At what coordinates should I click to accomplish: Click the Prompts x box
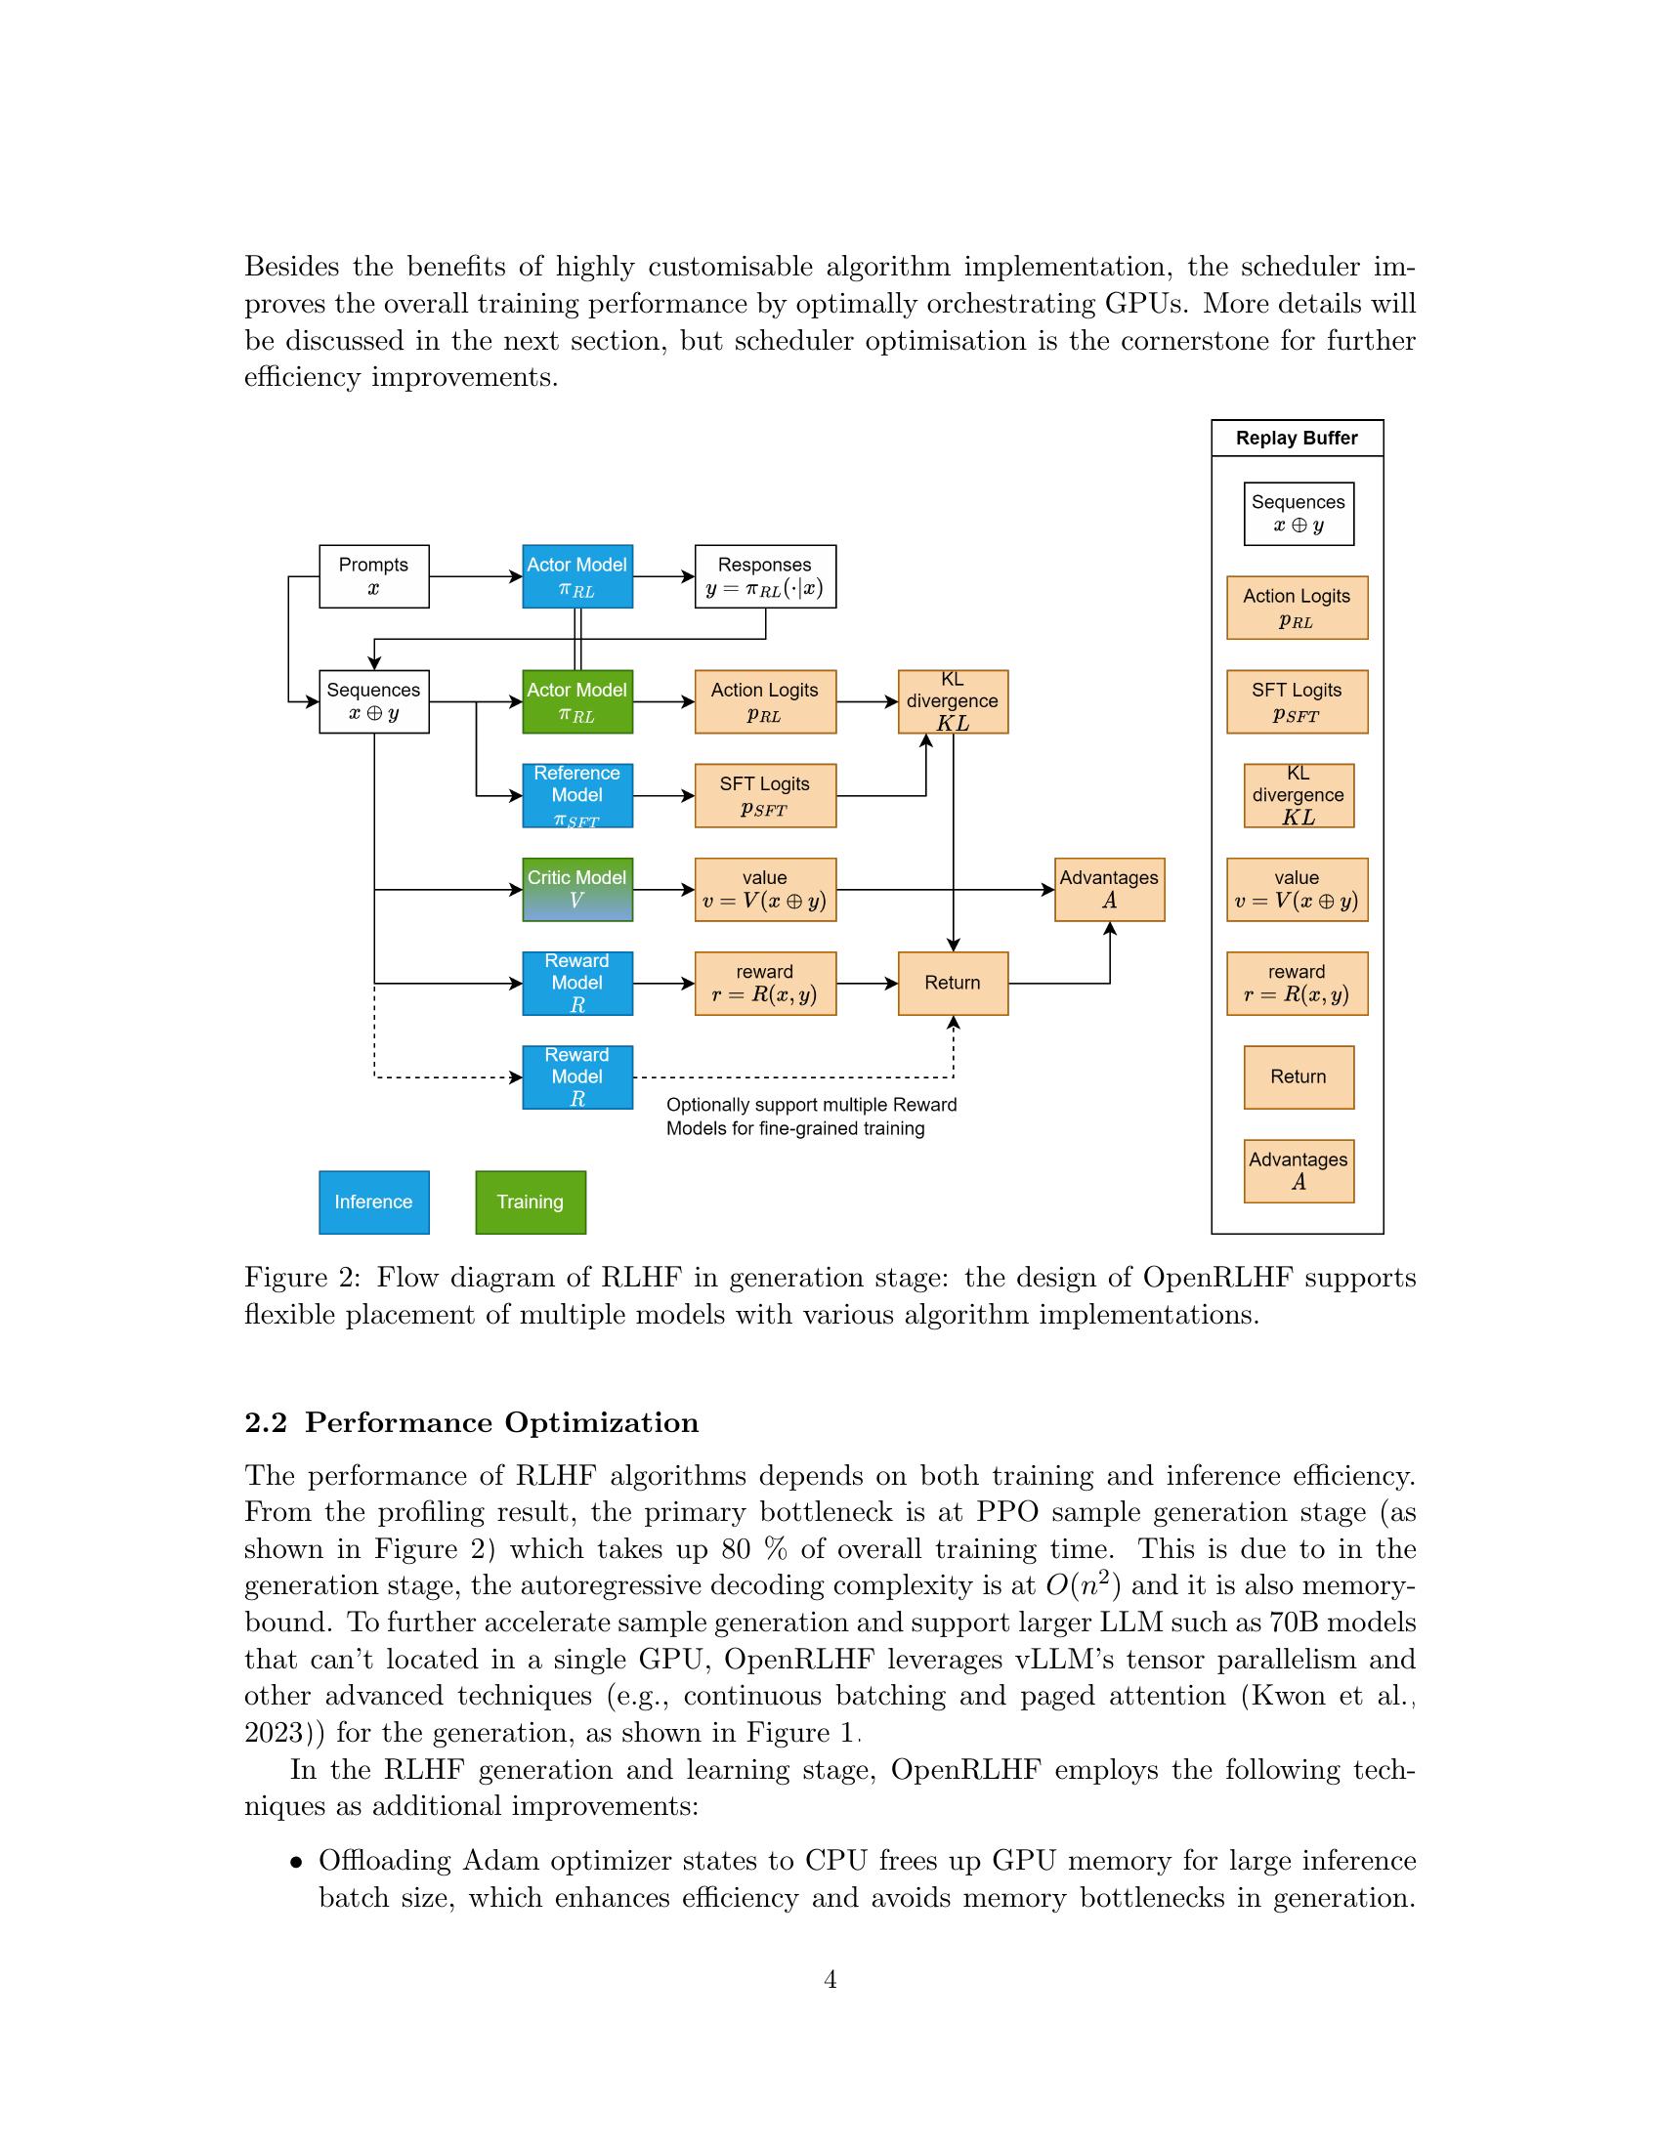(x=374, y=576)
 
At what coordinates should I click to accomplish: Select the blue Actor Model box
(x=576, y=576)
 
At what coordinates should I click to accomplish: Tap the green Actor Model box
(x=576, y=701)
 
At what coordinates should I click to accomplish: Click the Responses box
(x=765, y=576)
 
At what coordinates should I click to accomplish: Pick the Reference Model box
(x=576, y=796)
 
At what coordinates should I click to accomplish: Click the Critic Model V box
(x=576, y=890)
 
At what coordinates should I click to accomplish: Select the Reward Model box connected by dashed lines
(x=576, y=1077)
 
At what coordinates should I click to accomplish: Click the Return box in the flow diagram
(x=953, y=983)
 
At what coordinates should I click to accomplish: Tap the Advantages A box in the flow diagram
(x=1109, y=890)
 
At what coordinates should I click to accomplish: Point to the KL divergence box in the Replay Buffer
(x=1298, y=796)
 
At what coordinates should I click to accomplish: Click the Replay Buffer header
(x=1296, y=438)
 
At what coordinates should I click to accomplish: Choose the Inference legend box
(x=374, y=1201)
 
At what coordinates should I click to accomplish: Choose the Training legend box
(x=531, y=1201)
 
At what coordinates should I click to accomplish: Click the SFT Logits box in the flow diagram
(x=765, y=796)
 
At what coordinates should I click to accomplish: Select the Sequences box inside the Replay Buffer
(x=1298, y=514)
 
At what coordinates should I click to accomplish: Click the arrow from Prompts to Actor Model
(x=475, y=576)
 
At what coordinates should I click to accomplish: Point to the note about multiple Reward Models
(x=811, y=1117)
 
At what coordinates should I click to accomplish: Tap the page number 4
(x=830, y=1979)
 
